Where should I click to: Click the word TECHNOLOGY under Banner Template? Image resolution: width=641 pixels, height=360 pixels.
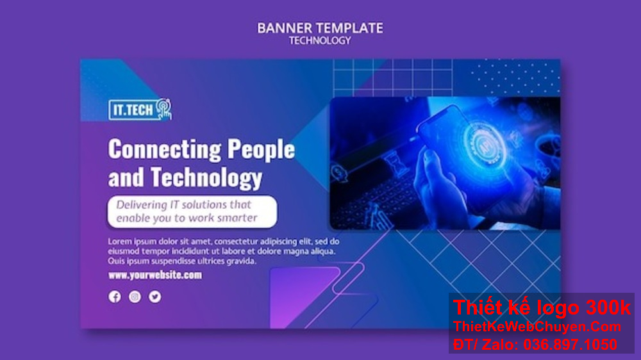[x=320, y=40]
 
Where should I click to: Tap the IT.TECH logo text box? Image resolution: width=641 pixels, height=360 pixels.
[x=133, y=110]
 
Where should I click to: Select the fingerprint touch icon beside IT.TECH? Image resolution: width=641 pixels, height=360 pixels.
[x=163, y=108]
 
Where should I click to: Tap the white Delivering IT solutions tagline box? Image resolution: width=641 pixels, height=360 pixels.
[x=192, y=211]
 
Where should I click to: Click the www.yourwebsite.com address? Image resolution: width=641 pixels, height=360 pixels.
[x=155, y=275]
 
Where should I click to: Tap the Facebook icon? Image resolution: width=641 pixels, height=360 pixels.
[x=115, y=297]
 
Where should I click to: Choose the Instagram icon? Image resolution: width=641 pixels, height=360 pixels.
[x=135, y=297]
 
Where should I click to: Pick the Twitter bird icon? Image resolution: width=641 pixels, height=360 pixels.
[x=154, y=297]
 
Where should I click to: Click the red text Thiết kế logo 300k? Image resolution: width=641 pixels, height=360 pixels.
[x=542, y=308]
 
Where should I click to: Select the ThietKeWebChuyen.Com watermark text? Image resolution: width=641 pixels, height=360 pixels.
[x=537, y=327]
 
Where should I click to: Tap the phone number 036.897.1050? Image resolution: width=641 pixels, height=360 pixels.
[x=570, y=344]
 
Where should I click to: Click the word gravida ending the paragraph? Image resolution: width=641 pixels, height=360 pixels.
[x=240, y=261]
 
